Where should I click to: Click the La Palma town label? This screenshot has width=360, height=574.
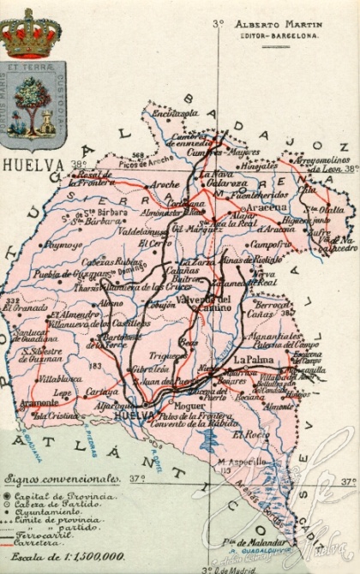click(x=253, y=360)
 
